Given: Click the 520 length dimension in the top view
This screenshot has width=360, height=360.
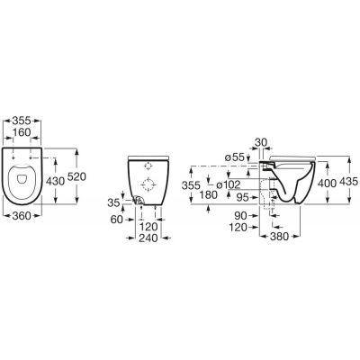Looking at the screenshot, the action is point(76,176).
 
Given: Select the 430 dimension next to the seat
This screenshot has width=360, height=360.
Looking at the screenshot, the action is point(55,181).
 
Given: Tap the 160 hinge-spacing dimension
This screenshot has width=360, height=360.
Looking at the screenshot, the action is point(22,132).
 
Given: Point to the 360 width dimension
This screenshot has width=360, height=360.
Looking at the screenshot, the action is point(22,215).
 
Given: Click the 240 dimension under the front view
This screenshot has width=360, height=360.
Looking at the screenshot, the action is point(148,238).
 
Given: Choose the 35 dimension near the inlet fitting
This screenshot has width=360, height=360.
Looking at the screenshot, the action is point(113,203).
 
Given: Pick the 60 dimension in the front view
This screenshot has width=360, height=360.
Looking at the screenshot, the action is point(117,220).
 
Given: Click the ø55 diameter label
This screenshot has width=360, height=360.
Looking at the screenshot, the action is point(234,157).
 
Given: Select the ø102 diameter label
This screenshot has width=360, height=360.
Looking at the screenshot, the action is point(229,184).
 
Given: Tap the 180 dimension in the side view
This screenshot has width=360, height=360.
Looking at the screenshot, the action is point(208,194).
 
